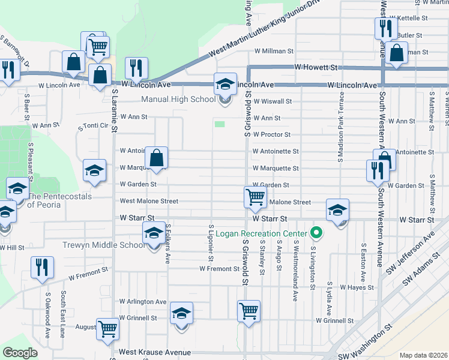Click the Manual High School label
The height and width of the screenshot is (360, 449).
click(178, 100)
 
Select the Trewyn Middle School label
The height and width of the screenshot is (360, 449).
click(103, 245)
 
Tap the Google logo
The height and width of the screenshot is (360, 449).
click(20, 352)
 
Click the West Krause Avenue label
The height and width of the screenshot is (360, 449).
click(155, 352)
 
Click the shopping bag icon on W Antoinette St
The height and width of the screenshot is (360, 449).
click(156, 158)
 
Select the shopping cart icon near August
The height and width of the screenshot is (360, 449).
click(108, 328)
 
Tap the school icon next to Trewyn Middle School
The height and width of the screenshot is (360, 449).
click(154, 233)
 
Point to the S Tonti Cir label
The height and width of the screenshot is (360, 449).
click(94, 126)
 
